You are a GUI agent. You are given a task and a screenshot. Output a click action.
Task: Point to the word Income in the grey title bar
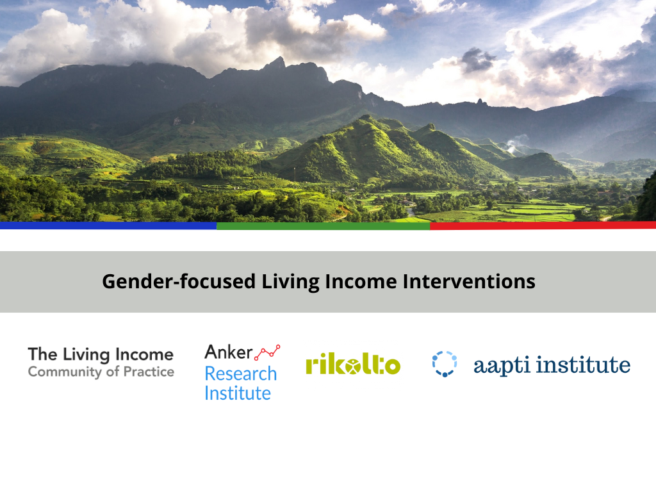[359, 281]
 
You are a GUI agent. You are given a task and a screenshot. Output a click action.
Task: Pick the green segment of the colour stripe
[323, 225]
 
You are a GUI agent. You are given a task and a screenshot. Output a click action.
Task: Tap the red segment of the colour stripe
[543, 225]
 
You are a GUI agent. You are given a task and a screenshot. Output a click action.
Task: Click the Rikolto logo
[353, 364]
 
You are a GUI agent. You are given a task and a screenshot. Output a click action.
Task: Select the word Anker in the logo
[227, 352]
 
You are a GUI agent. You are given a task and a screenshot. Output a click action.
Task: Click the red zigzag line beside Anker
[268, 351]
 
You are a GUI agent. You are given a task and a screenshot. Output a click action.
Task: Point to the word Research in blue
[240, 373]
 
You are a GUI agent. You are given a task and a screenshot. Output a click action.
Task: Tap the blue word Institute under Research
[237, 393]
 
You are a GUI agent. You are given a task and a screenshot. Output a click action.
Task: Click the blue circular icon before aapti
[444, 364]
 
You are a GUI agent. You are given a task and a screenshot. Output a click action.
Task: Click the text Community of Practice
[101, 372]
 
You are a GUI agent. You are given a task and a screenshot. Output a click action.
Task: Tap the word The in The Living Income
[42, 354]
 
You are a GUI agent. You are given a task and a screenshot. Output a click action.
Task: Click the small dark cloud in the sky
[477, 60]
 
